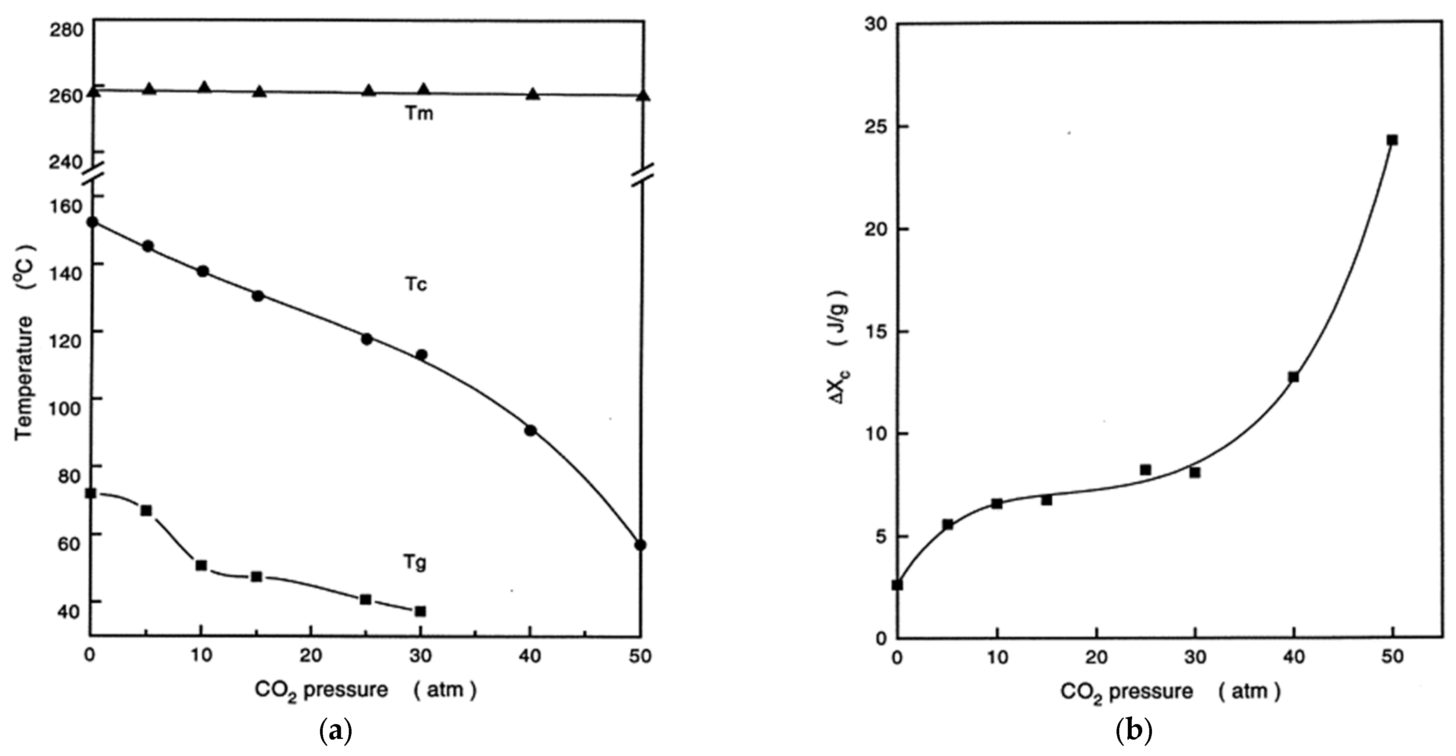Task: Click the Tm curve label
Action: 419,114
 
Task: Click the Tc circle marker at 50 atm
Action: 640,545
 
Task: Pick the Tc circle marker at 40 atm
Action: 530,430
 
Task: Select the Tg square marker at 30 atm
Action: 420,611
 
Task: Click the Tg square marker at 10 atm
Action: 200,565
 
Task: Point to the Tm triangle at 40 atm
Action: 533,94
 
